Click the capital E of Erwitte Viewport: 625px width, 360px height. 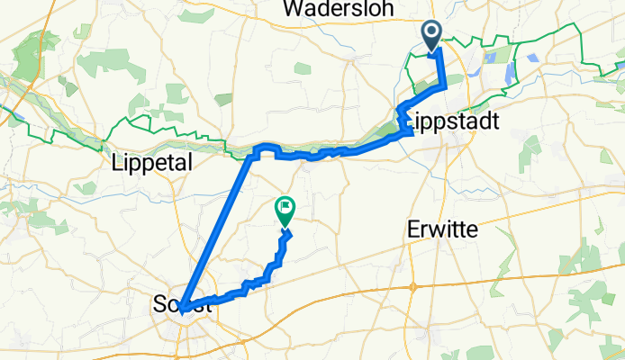click(x=409, y=229)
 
